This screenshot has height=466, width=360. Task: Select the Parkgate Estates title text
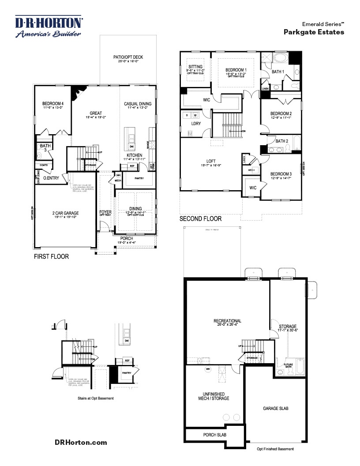click(x=314, y=32)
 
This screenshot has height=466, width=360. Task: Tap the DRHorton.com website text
click(x=81, y=442)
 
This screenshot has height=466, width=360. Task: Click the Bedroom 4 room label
click(x=53, y=104)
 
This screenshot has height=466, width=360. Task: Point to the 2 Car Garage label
click(x=64, y=213)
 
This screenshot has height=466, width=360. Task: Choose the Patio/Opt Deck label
click(x=128, y=57)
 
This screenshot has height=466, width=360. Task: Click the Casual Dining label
click(x=138, y=104)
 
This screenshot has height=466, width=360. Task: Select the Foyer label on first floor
click(x=105, y=212)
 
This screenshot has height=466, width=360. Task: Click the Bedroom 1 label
click(x=236, y=70)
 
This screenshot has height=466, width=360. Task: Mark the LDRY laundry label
click(x=196, y=124)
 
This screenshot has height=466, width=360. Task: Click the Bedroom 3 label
click(x=281, y=174)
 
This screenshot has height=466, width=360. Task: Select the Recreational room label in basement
click(x=227, y=321)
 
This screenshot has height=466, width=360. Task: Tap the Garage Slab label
click(x=276, y=409)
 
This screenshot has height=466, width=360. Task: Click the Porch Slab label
click(x=214, y=435)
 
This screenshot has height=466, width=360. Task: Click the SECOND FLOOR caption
click(x=200, y=218)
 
